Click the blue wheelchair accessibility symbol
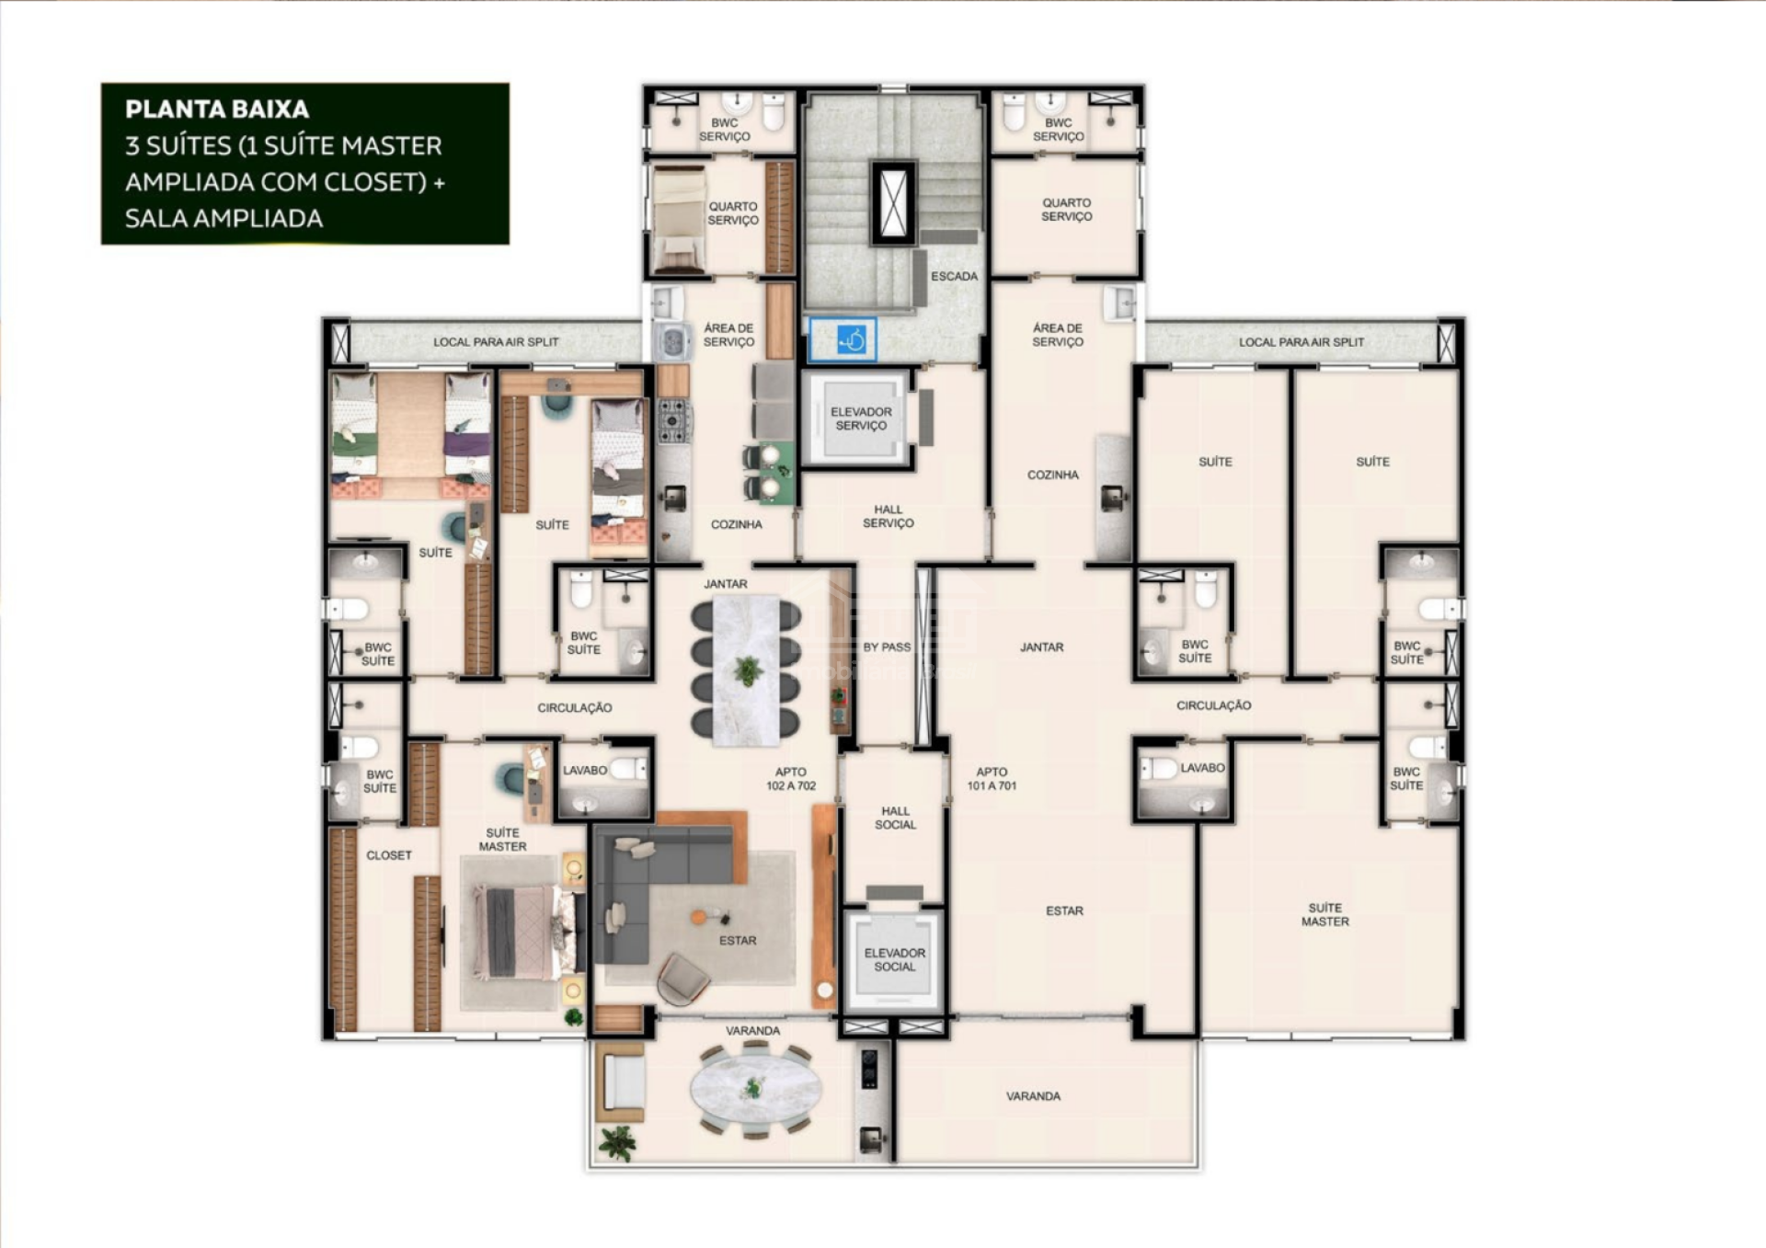coord(853,340)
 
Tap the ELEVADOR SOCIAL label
coord(894,959)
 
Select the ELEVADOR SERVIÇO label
coord(861,418)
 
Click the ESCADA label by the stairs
coord(954,276)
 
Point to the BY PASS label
coord(887,647)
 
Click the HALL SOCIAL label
coord(895,818)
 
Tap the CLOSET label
coord(389,854)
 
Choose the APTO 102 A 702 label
coord(791,778)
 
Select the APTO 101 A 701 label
coord(992,778)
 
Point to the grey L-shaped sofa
coord(658,887)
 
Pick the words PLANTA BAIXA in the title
coord(217,109)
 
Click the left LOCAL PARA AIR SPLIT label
coord(496,341)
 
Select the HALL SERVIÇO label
coord(888,516)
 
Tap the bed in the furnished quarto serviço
coord(679,221)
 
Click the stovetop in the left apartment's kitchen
coord(673,421)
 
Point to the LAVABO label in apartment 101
coord(1202,767)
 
